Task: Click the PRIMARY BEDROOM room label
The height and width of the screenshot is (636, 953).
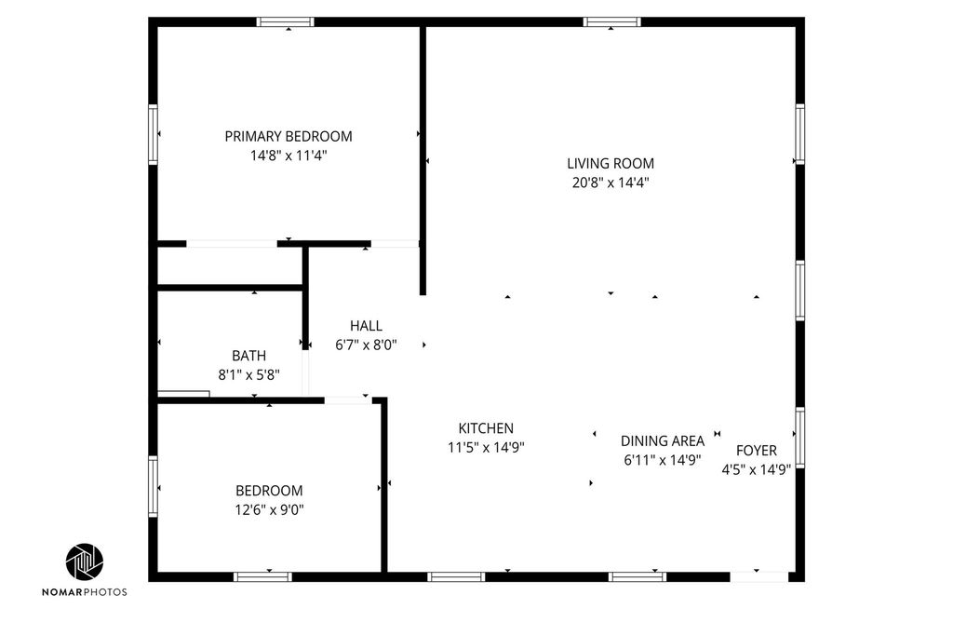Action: [x=289, y=136]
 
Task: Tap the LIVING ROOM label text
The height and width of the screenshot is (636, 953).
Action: [x=611, y=164]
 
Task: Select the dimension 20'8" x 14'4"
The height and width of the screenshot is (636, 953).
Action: [x=611, y=183]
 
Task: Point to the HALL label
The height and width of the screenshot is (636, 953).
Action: [x=366, y=326]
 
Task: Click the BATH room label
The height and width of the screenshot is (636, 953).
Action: [x=248, y=356]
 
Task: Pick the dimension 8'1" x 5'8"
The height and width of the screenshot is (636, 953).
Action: [x=248, y=374]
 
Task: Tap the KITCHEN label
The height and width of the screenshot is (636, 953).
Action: [x=486, y=428]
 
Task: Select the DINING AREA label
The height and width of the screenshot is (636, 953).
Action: [x=663, y=440]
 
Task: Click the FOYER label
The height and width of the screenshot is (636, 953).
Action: [x=756, y=451]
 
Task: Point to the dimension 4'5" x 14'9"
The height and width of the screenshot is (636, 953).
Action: [x=756, y=469]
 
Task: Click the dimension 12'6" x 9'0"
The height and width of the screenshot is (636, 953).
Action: [x=269, y=509]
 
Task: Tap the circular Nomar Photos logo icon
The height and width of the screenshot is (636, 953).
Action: [x=85, y=562]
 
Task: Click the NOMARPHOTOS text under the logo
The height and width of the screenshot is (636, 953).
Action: [x=85, y=591]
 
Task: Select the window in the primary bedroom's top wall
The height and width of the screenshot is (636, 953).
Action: [x=285, y=22]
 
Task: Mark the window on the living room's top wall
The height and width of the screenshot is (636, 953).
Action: [x=612, y=22]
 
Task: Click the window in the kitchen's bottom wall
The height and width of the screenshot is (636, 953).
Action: [x=456, y=576]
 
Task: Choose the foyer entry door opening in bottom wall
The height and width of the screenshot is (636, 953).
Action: [x=759, y=576]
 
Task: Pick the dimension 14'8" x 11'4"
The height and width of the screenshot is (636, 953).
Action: [x=289, y=156]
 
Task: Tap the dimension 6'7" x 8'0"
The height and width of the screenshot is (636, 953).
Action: [x=366, y=345]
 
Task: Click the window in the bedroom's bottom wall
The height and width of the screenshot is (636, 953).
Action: [x=262, y=576]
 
